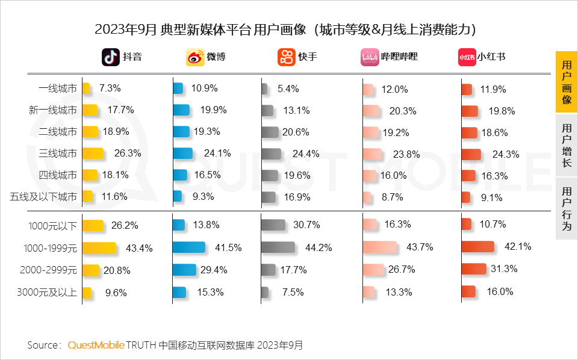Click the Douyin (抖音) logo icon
[111, 57]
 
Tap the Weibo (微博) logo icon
[195, 57]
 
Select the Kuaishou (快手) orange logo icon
[287, 57]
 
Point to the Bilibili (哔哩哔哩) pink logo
[369, 57]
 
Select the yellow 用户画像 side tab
[566, 82]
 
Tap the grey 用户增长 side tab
[566, 145]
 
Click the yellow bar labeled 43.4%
[99, 247]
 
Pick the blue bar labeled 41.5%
[188, 247]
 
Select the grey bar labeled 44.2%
[278, 247]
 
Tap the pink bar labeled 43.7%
[380, 247]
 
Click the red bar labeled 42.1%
[477, 247]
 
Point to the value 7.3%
[110, 88]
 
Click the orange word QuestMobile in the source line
[96, 345]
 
